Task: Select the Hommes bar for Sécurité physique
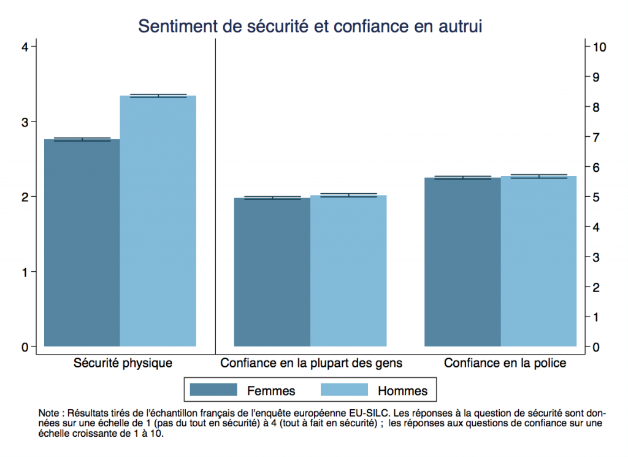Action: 158,221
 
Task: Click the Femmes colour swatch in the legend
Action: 213,390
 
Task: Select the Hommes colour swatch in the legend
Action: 344,390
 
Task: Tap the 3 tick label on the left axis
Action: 25,121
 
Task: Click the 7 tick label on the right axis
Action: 594,137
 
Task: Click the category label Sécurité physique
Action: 123,363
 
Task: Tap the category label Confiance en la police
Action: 505,363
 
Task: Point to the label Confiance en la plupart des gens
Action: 312,363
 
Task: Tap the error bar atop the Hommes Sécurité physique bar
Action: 158,96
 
